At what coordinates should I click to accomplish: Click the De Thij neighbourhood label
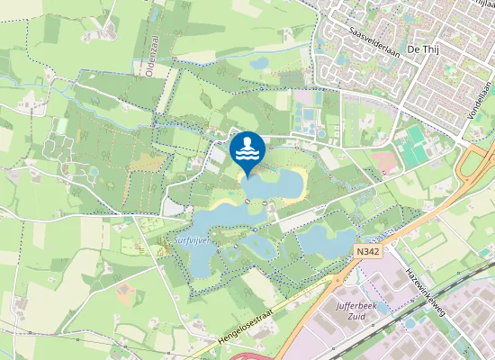point(424,48)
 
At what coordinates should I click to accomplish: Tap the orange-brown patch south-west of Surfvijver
point(124,293)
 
